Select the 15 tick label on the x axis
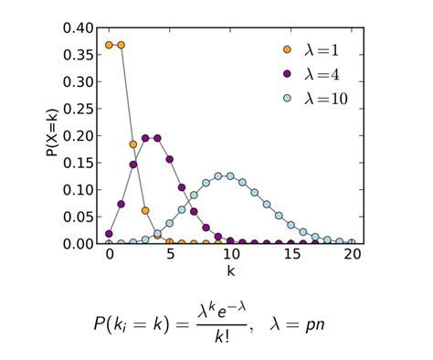point(290,257)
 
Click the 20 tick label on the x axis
point(352,257)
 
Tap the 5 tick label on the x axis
point(170,257)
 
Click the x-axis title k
point(230,272)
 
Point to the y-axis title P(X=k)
point(52,135)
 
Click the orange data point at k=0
point(109,45)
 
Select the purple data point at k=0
point(109,234)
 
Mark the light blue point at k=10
point(230,175)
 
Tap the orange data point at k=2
point(133,143)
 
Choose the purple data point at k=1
point(121,204)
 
